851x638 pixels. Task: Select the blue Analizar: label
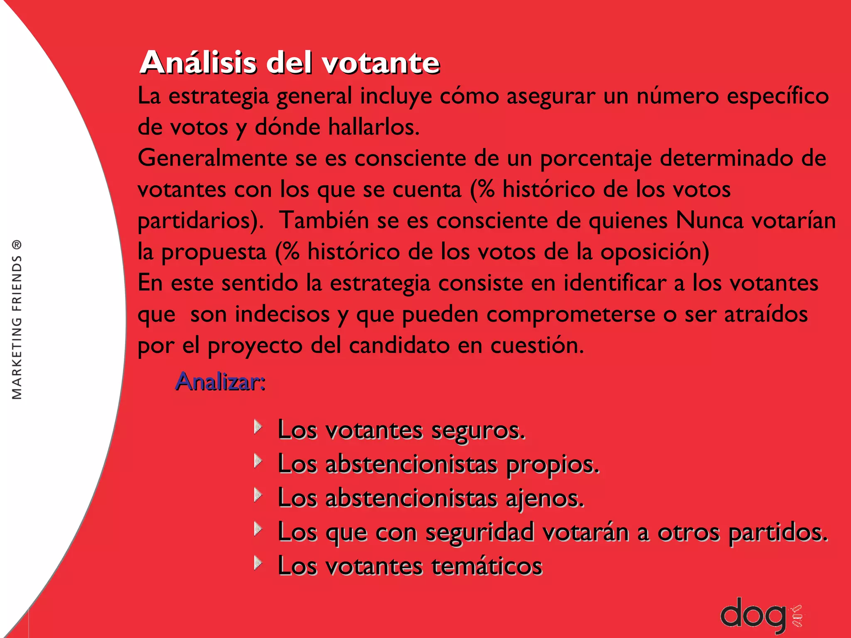tap(220, 381)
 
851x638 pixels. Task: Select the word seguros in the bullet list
tap(478, 430)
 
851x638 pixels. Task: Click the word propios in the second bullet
tap(553, 464)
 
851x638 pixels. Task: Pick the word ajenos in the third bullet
tap(545, 498)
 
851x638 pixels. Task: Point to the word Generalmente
tap(212, 159)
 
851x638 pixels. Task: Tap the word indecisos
tap(282, 314)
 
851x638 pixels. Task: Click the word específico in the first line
tap(778, 96)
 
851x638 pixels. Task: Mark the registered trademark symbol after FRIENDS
tap(17, 245)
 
